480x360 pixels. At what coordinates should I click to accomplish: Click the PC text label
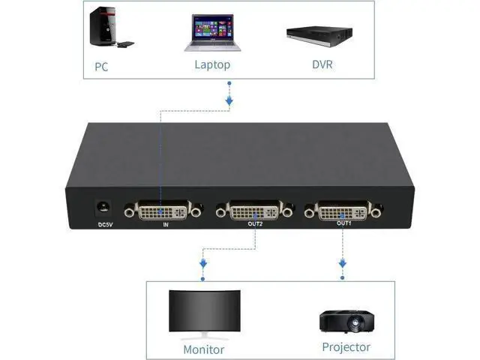click(x=101, y=67)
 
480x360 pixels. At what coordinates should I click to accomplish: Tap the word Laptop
click(x=212, y=64)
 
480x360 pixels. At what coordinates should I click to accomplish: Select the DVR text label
click(x=322, y=64)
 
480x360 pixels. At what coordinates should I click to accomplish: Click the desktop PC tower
click(x=103, y=26)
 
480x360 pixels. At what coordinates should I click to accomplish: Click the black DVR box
click(x=319, y=36)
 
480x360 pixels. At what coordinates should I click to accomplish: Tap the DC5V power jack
click(x=103, y=208)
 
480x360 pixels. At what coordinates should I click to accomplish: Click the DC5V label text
click(x=105, y=225)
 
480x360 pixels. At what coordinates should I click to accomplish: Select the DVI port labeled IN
click(x=163, y=211)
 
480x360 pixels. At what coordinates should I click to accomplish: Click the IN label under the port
click(x=166, y=225)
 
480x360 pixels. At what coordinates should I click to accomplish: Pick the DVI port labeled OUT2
click(x=254, y=210)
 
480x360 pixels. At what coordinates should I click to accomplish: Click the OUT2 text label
click(x=255, y=224)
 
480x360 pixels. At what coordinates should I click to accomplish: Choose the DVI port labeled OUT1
click(x=343, y=210)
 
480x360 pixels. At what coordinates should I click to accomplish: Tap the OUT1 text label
click(x=344, y=223)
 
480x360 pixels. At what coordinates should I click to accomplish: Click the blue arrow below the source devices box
click(x=229, y=100)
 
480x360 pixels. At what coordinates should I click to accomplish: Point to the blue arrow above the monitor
click(x=203, y=263)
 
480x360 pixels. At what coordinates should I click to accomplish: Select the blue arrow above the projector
click(x=343, y=263)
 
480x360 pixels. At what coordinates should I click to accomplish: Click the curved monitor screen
click(x=205, y=310)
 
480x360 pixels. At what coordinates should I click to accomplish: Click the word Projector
click(x=346, y=347)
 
